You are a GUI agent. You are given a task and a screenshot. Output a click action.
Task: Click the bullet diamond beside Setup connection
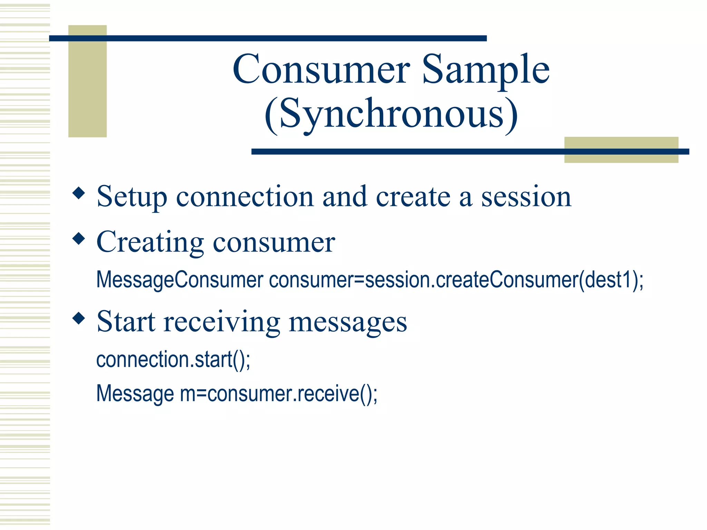click(x=79, y=193)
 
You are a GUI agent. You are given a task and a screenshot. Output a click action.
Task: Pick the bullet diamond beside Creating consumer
click(x=79, y=238)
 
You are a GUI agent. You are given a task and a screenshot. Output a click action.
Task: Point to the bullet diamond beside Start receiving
click(x=79, y=318)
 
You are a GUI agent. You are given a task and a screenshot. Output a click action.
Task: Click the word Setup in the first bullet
click(x=132, y=197)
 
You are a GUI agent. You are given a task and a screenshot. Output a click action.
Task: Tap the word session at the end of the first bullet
click(x=526, y=197)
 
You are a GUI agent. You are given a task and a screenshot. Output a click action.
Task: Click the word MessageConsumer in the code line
click(x=180, y=279)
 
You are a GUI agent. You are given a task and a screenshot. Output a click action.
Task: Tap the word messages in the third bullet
click(x=348, y=322)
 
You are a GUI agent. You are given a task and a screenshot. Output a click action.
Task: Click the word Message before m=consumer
click(x=135, y=393)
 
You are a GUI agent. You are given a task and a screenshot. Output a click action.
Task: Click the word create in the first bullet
click(x=413, y=197)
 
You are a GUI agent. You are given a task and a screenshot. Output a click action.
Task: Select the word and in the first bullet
click(x=345, y=197)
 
